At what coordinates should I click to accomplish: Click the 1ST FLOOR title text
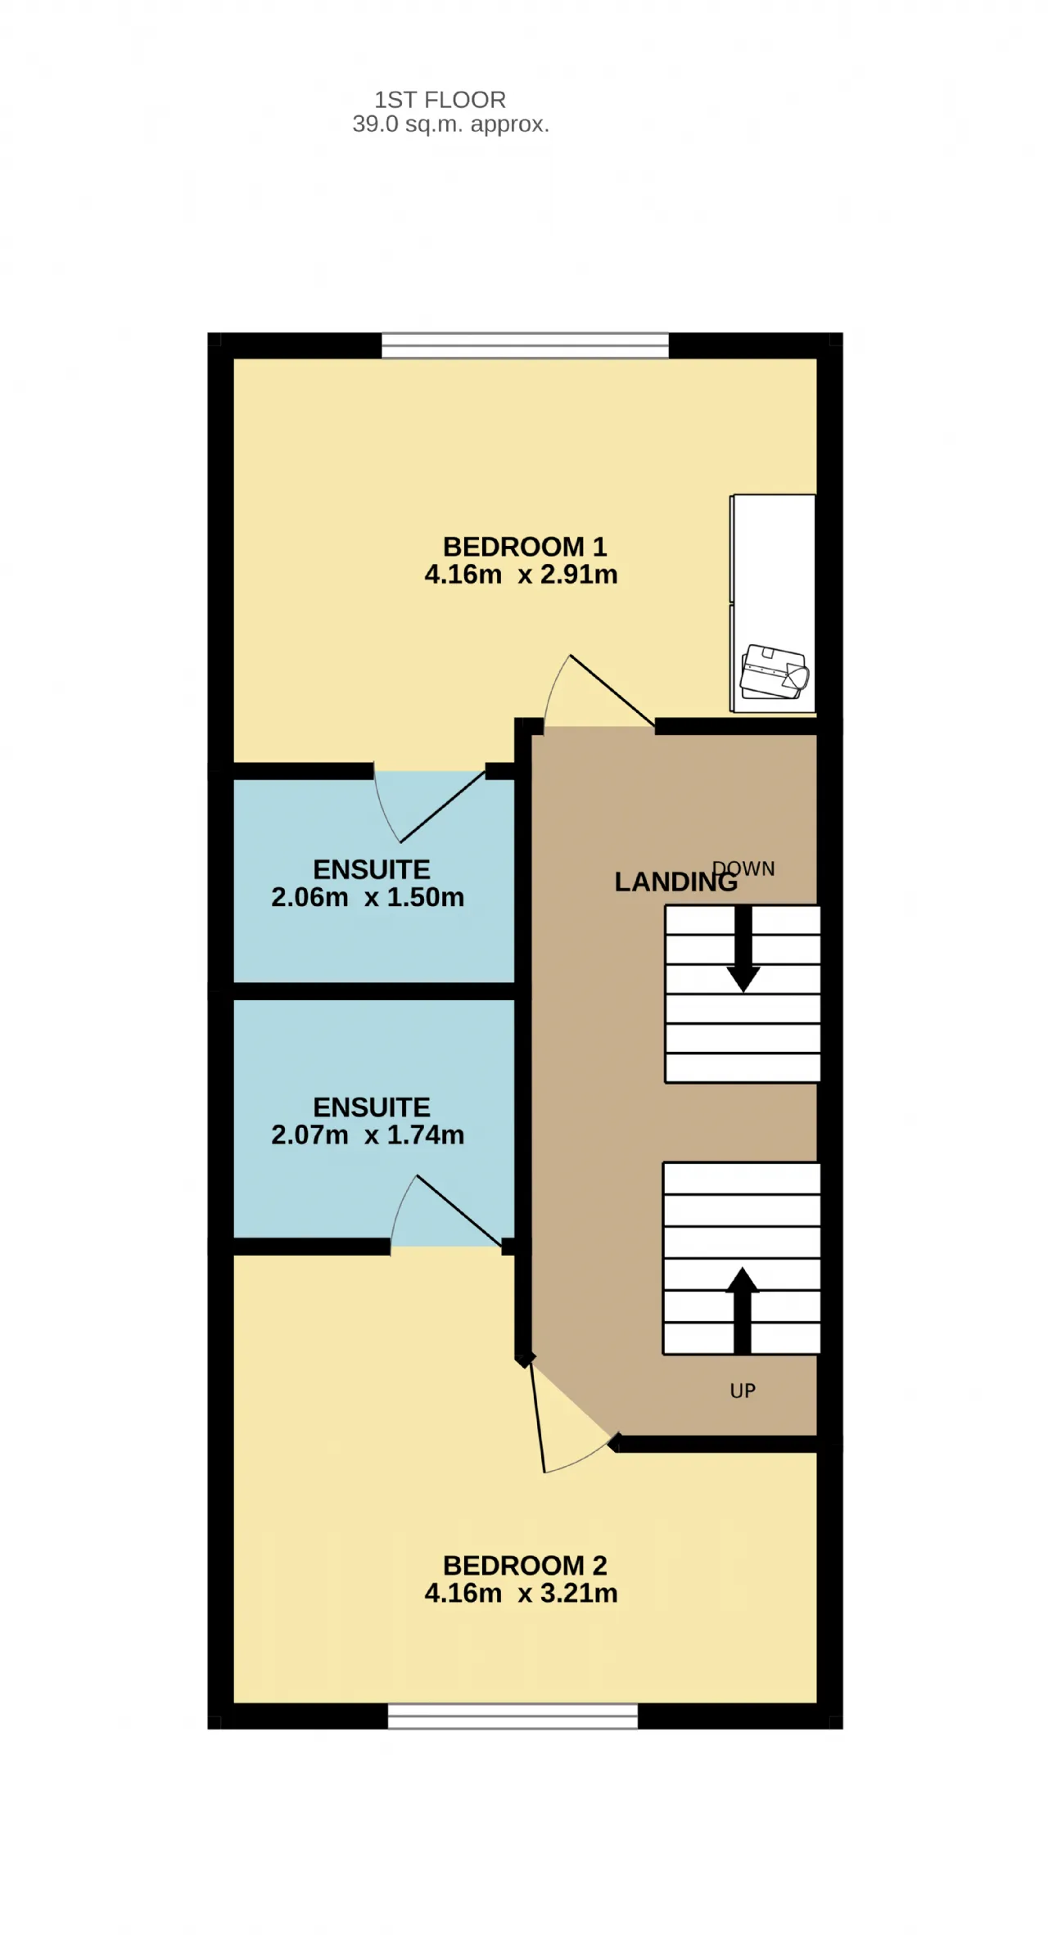[x=440, y=100]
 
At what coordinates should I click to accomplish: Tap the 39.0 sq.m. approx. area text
[x=450, y=124]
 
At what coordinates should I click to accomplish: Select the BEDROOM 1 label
[x=525, y=546]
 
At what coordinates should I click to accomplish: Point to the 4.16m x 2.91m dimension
[x=521, y=575]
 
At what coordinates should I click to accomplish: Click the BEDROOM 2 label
[x=525, y=1565]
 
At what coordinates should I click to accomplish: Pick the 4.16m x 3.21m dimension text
[x=521, y=1593]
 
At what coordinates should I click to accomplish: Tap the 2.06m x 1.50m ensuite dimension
[x=368, y=897]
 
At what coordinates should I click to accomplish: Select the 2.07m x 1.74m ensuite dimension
[x=368, y=1134]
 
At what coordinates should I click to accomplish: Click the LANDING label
[x=676, y=882]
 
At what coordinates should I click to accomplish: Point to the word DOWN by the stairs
[x=743, y=868]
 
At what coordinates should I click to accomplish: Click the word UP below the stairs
[x=743, y=1391]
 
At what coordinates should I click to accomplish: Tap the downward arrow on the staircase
[x=743, y=949]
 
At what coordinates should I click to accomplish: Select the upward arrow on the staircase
[x=743, y=1310]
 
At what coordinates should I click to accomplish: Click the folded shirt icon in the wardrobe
[x=775, y=672]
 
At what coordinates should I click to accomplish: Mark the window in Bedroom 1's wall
[x=525, y=345]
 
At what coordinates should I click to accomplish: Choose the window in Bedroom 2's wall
[x=513, y=1716]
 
